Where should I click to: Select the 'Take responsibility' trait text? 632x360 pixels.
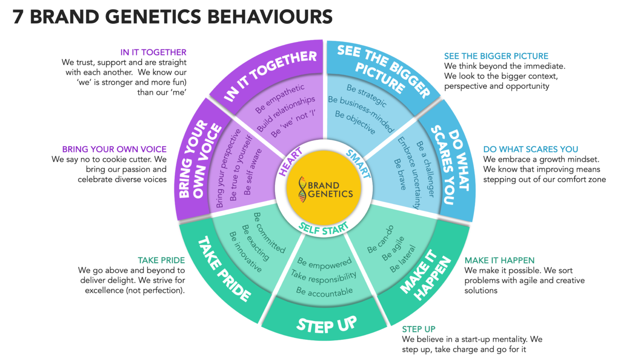(x=323, y=276)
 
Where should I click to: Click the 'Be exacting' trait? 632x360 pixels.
(x=256, y=243)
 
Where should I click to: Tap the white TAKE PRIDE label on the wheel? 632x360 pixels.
(x=225, y=269)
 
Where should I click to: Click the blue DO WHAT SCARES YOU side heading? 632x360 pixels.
(x=530, y=149)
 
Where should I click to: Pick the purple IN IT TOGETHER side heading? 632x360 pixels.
(x=153, y=52)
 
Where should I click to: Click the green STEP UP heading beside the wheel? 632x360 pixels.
(x=419, y=329)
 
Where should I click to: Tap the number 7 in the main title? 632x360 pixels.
(x=18, y=16)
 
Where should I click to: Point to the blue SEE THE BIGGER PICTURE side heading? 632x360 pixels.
(x=496, y=56)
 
